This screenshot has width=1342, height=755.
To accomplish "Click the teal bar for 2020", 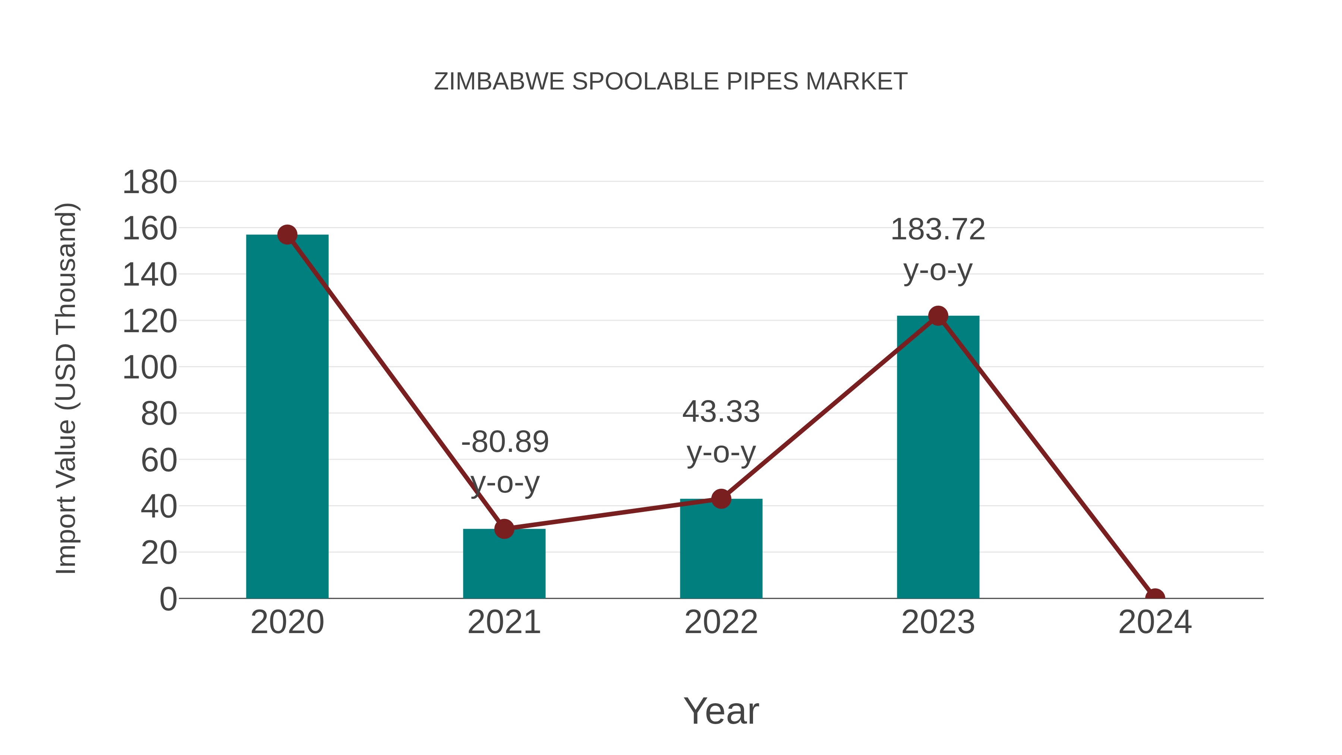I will pyautogui.click(x=287, y=417).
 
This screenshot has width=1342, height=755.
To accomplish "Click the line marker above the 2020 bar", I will pyautogui.click(x=287, y=235).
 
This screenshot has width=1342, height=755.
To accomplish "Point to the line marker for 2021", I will pyautogui.click(x=504, y=529).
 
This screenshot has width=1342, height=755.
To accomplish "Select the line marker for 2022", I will pyautogui.click(x=721, y=498).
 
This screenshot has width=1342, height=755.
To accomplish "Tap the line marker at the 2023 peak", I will pyautogui.click(x=938, y=316).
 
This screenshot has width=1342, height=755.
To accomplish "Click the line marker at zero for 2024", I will pyautogui.click(x=1155, y=597).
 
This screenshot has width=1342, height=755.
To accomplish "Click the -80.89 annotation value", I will pyautogui.click(x=505, y=442).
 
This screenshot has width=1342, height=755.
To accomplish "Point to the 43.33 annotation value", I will pyautogui.click(x=721, y=412).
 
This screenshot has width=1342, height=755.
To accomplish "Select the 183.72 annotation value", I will pyautogui.click(x=938, y=230).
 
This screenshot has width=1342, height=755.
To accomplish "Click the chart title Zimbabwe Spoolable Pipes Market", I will pyautogui.click(x=671, y=82).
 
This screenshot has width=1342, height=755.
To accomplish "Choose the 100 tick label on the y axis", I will pyautogui.click(x=149, y=368).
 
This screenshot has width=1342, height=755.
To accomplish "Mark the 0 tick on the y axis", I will pyautogui.click(x=168, y=599).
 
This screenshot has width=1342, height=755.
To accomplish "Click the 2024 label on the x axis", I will pyautogui.click(x=1155, y=622).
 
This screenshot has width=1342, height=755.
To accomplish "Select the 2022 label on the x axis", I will pyautogui.click(x=721, y=622).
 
